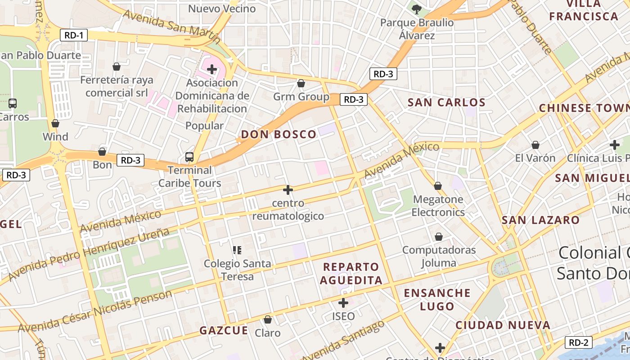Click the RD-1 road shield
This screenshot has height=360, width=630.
tap(74, 35)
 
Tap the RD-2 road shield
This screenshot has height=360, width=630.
tap(578, 342)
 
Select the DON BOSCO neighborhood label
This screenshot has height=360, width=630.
tap(279, 134)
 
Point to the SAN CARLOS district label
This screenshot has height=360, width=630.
tap(446, 102)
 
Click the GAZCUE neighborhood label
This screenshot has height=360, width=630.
tap(224, 330)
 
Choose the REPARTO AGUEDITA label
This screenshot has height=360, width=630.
tap(353, 274)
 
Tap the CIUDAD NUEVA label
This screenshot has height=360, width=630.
tap(503, 325)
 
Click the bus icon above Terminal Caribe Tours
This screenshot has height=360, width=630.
tap(189, 157)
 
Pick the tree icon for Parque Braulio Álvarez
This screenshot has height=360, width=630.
tap(417, 9)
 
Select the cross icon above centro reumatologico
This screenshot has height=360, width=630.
tap(288, 190)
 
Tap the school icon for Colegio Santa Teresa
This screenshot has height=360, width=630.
tap(237, 250)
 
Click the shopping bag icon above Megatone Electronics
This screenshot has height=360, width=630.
tap(437, 186)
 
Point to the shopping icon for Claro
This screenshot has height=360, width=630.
tap(268, 319)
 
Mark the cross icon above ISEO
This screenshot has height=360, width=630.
tap(343, 303)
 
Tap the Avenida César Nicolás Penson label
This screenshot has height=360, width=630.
tap(95, 311)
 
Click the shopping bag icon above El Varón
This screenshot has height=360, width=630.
tap(535, 145)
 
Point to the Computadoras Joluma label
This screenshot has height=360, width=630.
tap(439, 256)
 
